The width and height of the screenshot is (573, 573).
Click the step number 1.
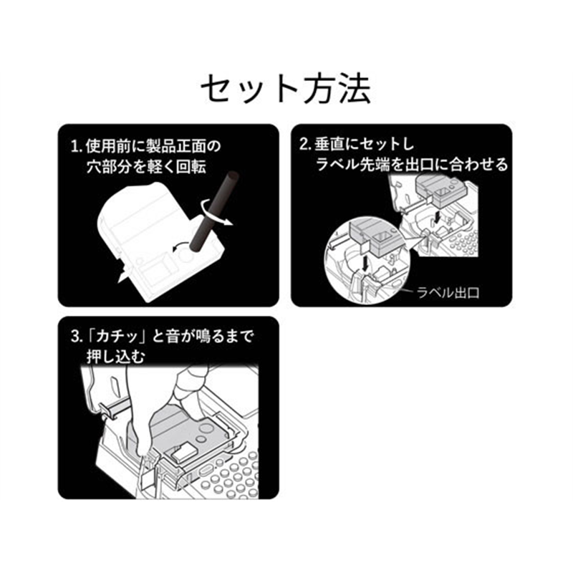coord(74,147)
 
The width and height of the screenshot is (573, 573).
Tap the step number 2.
coord(304,145)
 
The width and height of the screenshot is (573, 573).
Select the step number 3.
coord(74,337)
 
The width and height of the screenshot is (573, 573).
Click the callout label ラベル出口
coord(448,293)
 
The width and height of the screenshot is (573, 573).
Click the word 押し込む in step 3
coord(116,357)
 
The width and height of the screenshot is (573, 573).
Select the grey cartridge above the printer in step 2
coord(437,190)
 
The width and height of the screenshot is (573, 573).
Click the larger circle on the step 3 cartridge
coord(205,428)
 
